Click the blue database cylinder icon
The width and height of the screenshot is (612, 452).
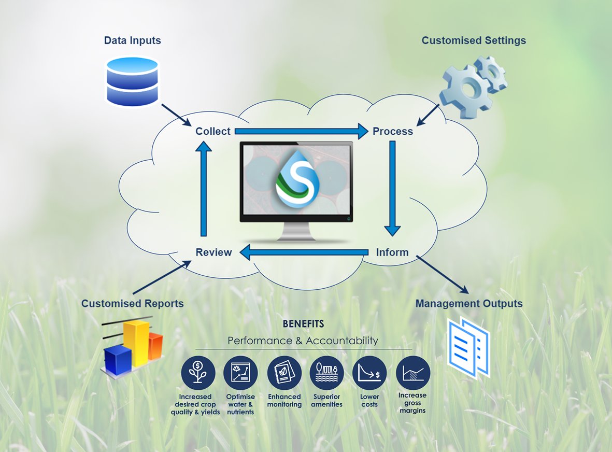132,81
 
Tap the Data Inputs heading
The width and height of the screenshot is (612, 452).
133,40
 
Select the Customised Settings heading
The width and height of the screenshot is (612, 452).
474,40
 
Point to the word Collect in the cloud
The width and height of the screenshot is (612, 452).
213,132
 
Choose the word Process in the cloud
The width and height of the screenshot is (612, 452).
393,132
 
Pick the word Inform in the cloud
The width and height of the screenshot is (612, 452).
392,253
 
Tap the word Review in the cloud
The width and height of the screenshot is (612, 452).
214,253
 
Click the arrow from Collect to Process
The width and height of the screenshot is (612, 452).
301,132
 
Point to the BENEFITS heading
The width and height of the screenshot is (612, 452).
303,324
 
